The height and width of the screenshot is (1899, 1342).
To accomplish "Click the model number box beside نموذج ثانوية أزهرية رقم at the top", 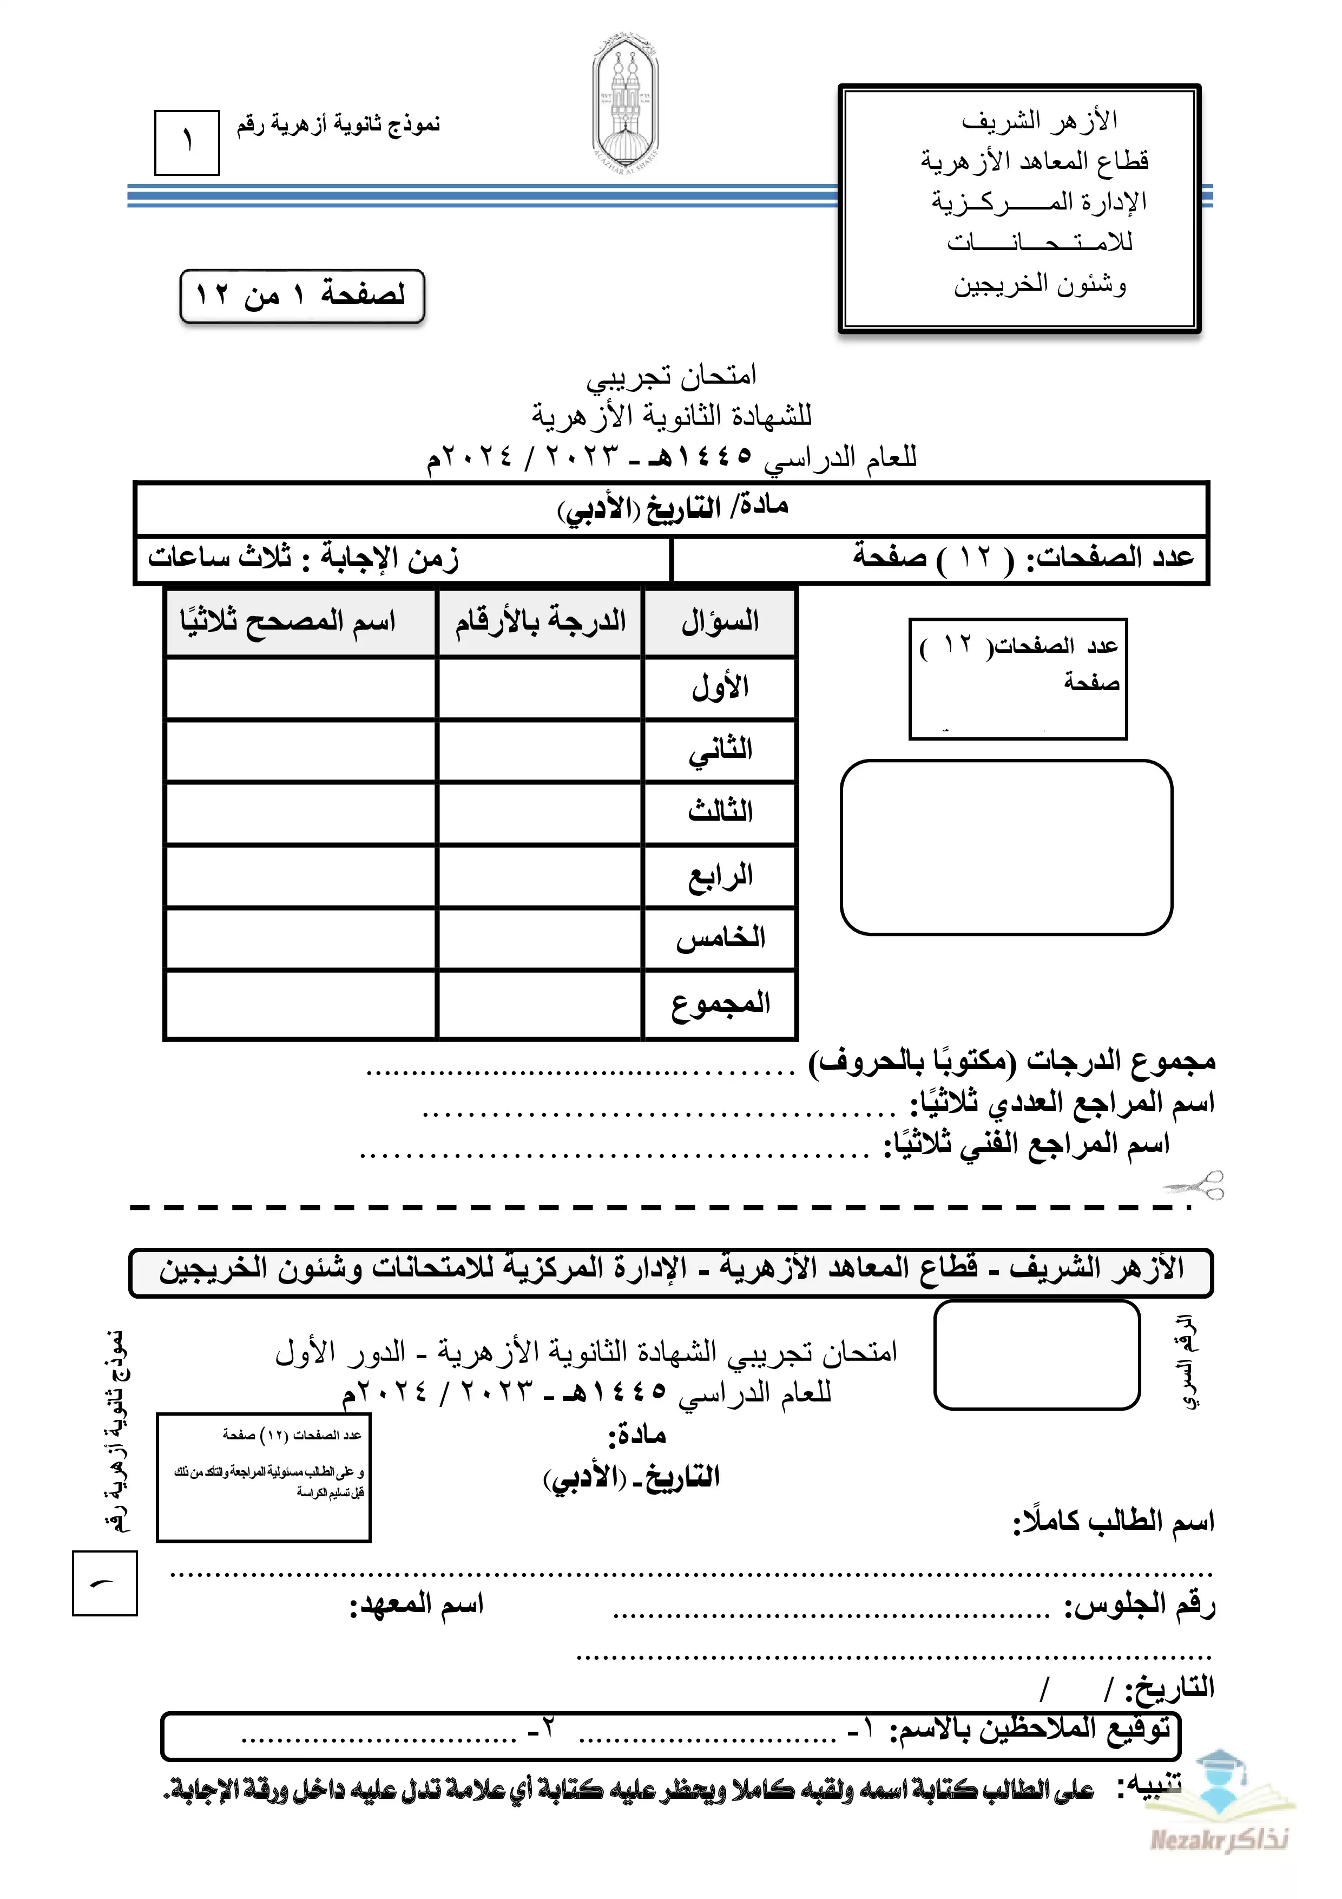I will (187, 142).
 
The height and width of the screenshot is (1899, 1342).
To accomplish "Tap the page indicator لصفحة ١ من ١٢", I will (302, 295).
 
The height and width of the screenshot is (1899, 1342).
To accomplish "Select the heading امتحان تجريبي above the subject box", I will (672, 376).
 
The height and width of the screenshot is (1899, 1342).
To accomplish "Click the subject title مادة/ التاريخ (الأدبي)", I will (672, 508).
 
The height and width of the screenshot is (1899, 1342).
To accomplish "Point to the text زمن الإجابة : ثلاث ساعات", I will (304, 558).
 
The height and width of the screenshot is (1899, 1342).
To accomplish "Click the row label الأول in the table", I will (719, 687).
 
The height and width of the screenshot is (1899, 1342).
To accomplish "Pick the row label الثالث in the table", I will (719, 812).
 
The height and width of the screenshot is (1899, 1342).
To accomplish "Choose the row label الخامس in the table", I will (719, 938).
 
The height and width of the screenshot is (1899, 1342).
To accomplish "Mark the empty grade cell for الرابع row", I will (540, 876).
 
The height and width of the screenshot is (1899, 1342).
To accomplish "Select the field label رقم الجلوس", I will (1140, 1606).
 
